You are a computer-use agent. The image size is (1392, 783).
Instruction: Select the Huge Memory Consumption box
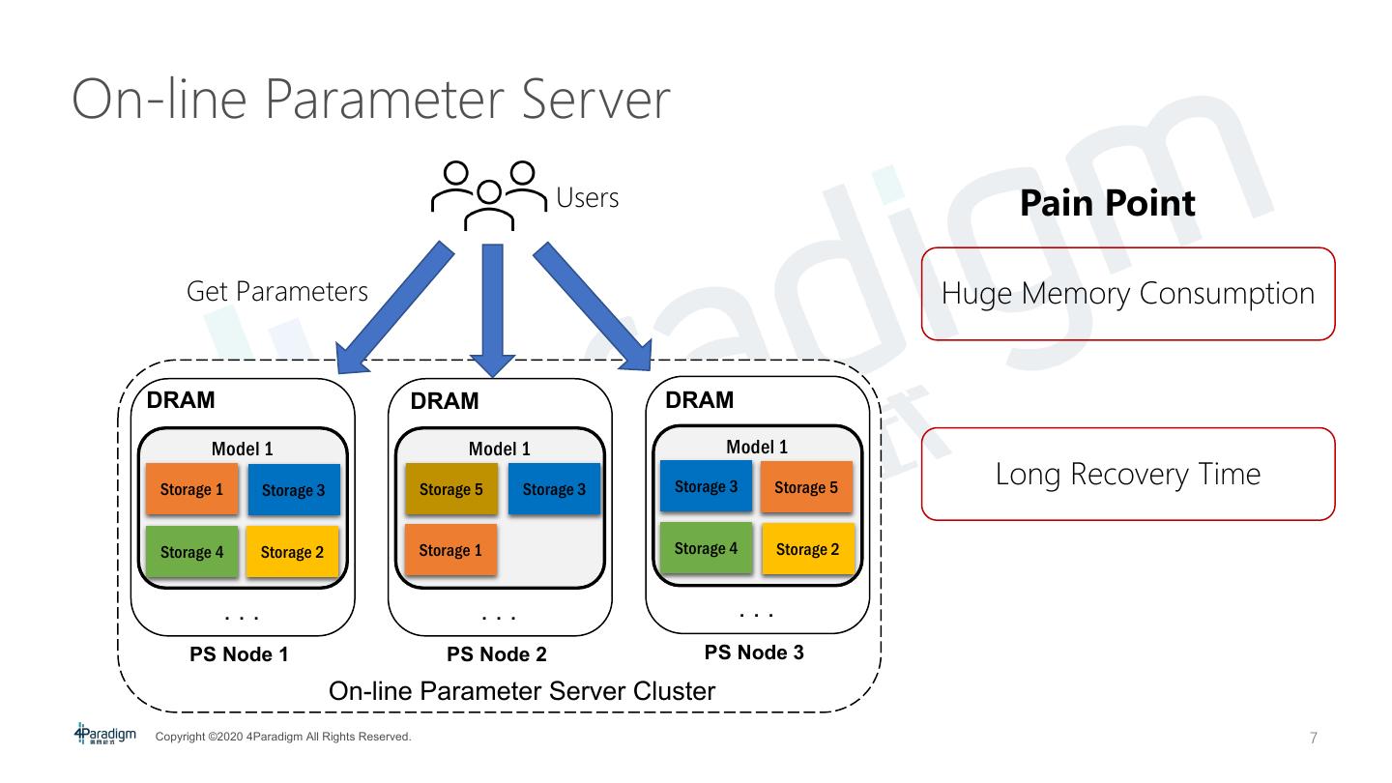1127,294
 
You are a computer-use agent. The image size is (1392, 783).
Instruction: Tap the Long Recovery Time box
1127,475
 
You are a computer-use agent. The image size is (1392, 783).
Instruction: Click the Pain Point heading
1107,203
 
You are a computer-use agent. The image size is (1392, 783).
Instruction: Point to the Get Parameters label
277,292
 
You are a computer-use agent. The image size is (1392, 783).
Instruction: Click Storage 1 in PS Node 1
191,489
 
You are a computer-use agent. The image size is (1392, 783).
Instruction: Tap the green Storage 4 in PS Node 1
191,552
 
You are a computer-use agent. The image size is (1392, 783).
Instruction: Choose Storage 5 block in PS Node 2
450,489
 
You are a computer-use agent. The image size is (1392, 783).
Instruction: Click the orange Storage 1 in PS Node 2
450,550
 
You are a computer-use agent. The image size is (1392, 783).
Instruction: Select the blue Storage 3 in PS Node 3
706,486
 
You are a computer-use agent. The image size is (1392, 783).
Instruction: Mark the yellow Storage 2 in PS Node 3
808,549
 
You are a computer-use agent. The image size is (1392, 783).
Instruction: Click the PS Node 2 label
497,654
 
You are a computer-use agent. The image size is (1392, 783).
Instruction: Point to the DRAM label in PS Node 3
699,400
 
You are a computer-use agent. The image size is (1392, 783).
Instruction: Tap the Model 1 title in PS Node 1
242,449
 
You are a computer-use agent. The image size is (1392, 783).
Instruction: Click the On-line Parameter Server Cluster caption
522,691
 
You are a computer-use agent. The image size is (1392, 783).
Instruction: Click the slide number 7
1313,739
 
